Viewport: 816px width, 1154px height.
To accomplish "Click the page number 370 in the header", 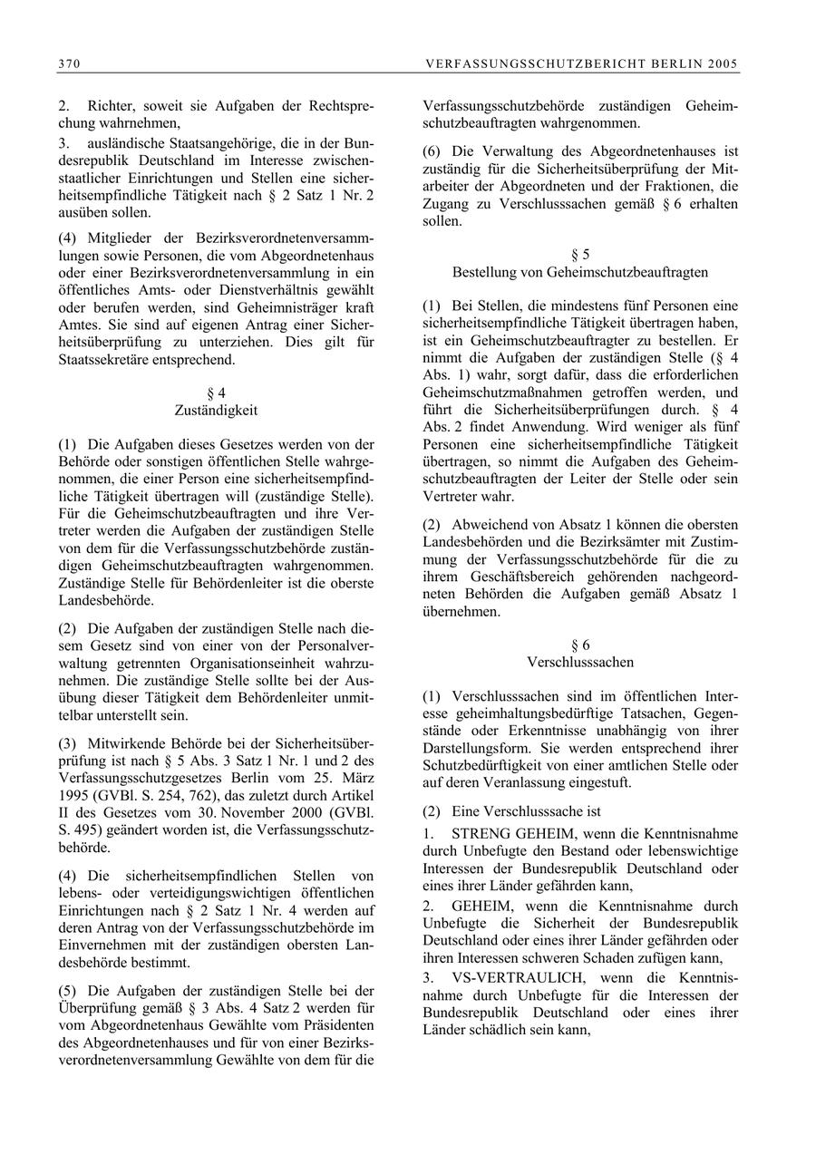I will [x=68, y=63].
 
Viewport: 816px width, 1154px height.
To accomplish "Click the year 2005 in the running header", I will [x=723, y=63].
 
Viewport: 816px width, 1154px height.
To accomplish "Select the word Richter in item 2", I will [x=110, y=106].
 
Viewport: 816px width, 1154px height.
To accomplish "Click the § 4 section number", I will [x=216, y=393].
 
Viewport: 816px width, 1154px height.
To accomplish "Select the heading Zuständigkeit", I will [x=216, y=411].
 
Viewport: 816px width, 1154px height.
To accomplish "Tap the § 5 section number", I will [x=580, y=255].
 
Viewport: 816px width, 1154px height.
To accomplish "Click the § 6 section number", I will [x=580, y=645].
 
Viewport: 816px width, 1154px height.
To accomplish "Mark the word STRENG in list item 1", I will [x=482, y=833].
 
